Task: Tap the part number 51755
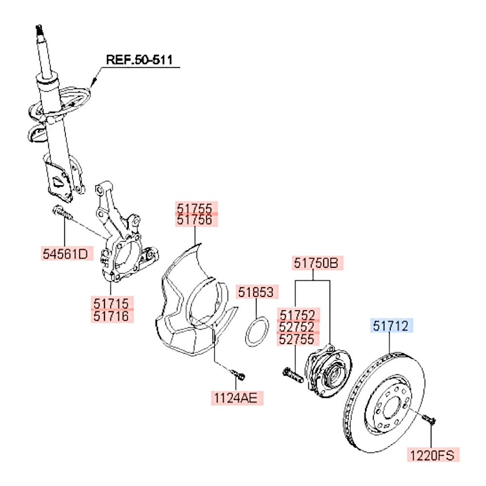(194, 208)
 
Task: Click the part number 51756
(194, 220)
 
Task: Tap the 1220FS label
(432, 455)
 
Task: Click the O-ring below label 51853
(256, 332)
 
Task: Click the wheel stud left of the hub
(291, 375)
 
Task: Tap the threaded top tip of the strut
(39, 30)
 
